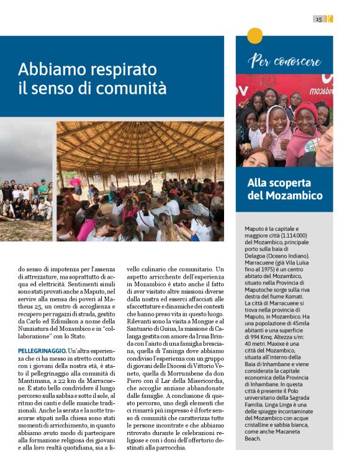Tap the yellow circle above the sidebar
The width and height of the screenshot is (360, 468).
254,36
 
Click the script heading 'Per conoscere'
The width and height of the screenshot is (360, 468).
284,61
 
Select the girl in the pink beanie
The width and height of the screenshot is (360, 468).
305,124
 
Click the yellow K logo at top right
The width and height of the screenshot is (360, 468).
329,19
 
